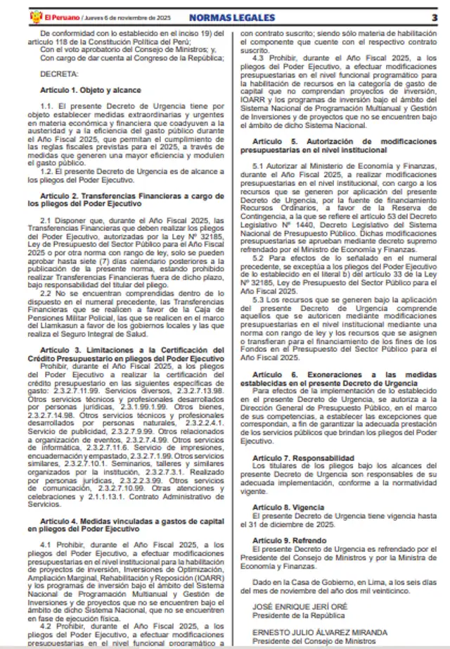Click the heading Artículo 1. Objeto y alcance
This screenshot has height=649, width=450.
[x=90, y=90]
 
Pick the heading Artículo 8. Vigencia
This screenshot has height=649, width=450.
[x=279, y=507]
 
